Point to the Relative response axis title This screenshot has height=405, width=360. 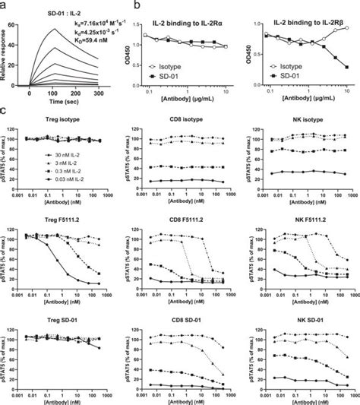[11, 55]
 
